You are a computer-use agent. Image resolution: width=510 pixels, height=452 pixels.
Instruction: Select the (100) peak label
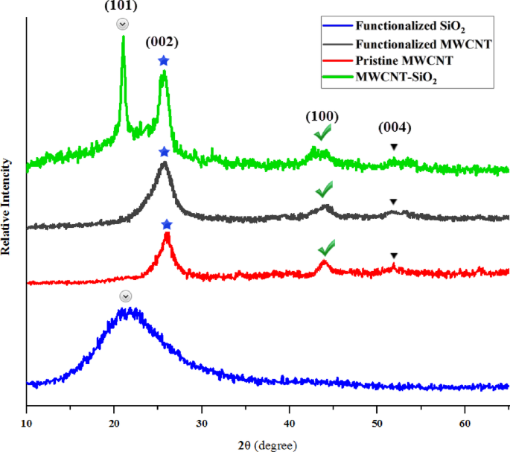tap(322, 117)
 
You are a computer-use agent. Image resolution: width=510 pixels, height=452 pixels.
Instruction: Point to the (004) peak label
tap(394, 127)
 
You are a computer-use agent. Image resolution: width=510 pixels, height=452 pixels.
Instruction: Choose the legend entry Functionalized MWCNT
tap(424, 44)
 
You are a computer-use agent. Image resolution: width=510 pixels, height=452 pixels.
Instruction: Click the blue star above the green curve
tap(164, 60)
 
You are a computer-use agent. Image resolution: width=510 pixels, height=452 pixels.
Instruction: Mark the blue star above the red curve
tap(167, 224)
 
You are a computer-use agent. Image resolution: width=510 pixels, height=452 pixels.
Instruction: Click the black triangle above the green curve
tap(394, 147)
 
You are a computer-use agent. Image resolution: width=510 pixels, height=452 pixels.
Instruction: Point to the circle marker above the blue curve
tap(125, 296)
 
